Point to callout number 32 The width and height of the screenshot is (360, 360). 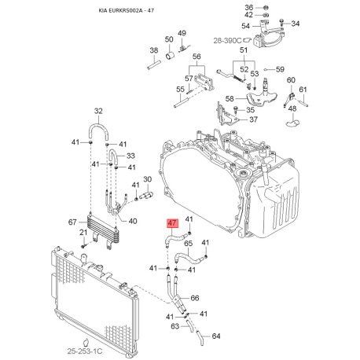[98, 111]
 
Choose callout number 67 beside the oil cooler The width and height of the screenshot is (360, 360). [72, 224]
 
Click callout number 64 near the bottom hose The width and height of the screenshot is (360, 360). [217, 337]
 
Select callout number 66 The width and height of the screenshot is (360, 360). [196, 299]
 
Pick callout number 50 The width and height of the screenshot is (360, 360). [169, 39]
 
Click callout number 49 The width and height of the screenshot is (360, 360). [182, 32]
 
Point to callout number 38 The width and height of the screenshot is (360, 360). [154, 50]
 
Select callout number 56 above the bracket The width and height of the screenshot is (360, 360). [197, 57]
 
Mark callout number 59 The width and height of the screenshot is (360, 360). [281, 69]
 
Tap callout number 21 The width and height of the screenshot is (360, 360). [83, 233]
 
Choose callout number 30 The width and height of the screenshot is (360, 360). [146, 180]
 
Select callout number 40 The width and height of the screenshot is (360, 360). [133, 221]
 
